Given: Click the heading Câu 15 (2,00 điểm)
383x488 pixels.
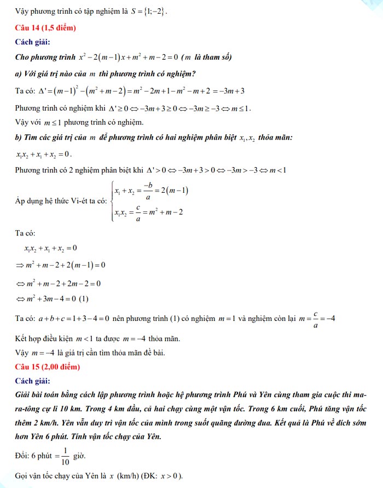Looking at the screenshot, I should (x=48, y=366).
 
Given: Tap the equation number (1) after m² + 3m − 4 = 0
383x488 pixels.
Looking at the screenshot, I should (x=83, y=298).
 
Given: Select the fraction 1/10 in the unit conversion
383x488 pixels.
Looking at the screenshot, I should (x=65, y=456).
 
